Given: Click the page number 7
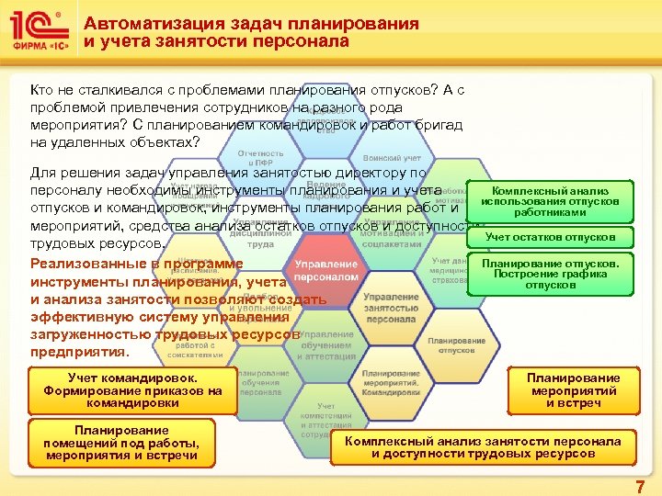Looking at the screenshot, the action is tap(640, 486).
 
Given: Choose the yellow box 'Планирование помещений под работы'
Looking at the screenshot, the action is tap(121, 443).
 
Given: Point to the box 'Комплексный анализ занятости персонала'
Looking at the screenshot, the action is tap(483, 447).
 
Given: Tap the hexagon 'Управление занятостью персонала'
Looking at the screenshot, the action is tap(390, 307).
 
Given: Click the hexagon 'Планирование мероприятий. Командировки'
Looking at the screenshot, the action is tap(390, 382).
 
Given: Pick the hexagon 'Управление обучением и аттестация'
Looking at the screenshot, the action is tap(326, 345).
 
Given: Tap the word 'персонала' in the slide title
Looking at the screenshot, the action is tap(309, 41).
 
